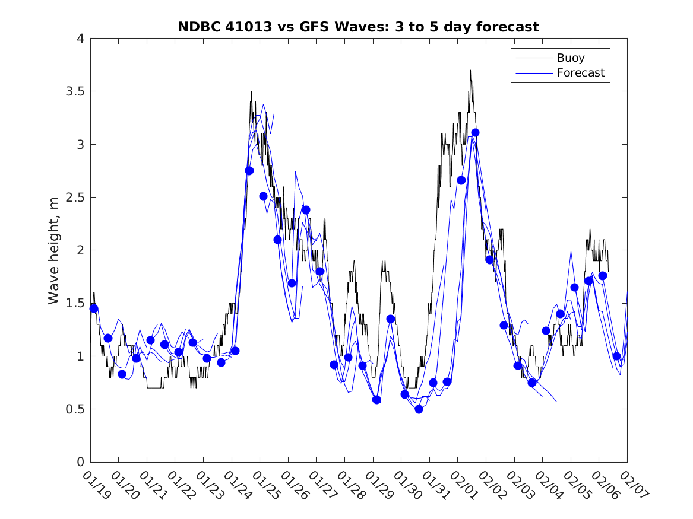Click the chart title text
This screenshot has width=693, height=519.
tap(358, 27)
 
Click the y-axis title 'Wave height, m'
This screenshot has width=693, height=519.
tap(54, 250)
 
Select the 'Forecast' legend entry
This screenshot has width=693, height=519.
tap(580, 73)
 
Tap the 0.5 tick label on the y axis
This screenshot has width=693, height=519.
tap(74, 409)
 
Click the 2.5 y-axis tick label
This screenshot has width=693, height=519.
tap(74, 198)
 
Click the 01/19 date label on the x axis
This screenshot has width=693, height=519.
tap(96, 485)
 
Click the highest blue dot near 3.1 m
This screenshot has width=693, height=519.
tap(475, 132)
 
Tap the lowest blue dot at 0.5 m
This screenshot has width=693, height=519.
tap(419, 409)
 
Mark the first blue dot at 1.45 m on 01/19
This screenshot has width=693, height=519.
tap(94, 308)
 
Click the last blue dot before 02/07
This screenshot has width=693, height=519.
tap(616, 356)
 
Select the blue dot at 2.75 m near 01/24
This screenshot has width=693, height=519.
tap(249, 171)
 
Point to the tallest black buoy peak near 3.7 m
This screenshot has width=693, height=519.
tap(470, 71)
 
